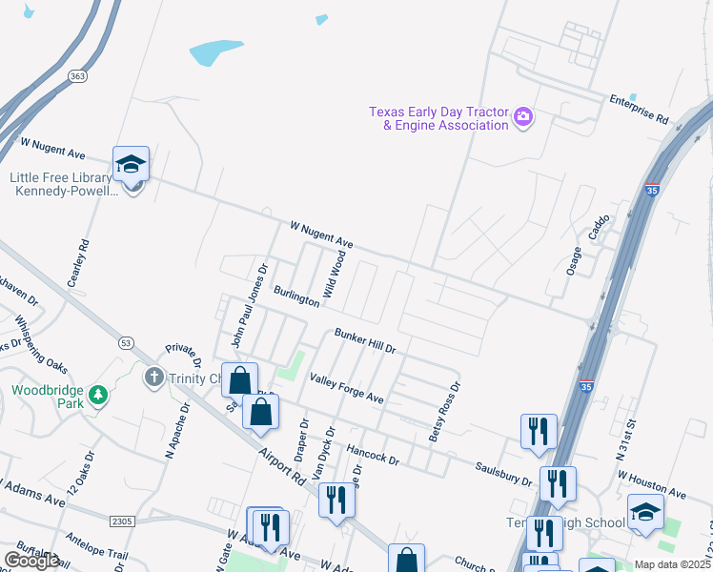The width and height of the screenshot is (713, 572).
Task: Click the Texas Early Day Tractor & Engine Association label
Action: point(438,118)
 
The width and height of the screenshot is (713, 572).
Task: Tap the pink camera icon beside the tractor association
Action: point(522,118)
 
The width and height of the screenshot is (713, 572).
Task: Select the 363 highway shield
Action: point(78,73)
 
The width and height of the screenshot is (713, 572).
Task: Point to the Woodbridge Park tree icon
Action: point(95,394)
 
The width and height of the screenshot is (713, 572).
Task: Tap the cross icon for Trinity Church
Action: point(153,378)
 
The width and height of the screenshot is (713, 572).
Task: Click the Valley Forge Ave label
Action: point(346,389)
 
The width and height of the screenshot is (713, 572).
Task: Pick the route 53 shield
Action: point(126,341)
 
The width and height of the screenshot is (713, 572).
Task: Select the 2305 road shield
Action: point(120,521)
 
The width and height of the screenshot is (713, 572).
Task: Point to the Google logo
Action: point(31,561)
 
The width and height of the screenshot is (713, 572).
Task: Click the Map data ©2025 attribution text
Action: point(672,564)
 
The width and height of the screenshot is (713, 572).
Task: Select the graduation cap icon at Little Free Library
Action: point(131,164)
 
